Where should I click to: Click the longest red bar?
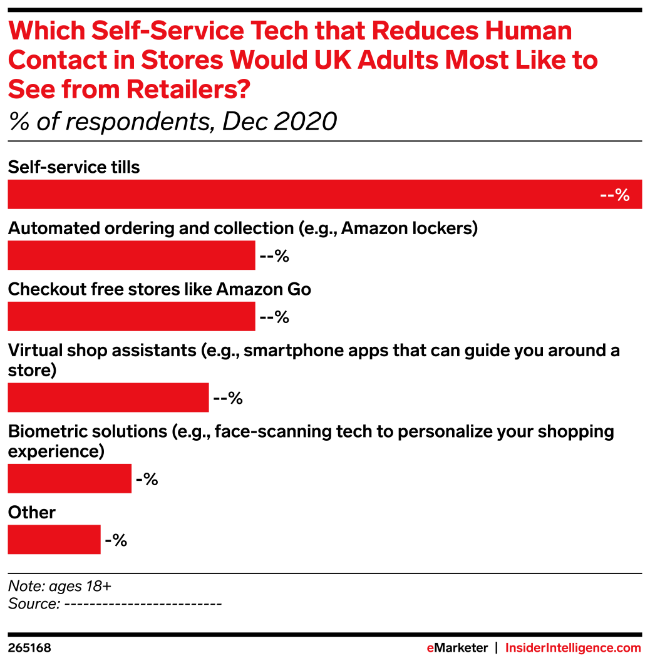pos(324,194)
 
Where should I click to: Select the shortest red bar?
pos(54,540)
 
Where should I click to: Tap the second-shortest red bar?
pos(70,478)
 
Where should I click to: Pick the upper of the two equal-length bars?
pos(131,255)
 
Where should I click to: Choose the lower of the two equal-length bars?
pos(131,316)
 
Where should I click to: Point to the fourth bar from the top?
pos(108,398)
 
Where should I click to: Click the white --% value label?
pos(614,195)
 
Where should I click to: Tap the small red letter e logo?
pos(430,649)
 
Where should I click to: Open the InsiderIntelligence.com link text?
pos(573,649)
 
